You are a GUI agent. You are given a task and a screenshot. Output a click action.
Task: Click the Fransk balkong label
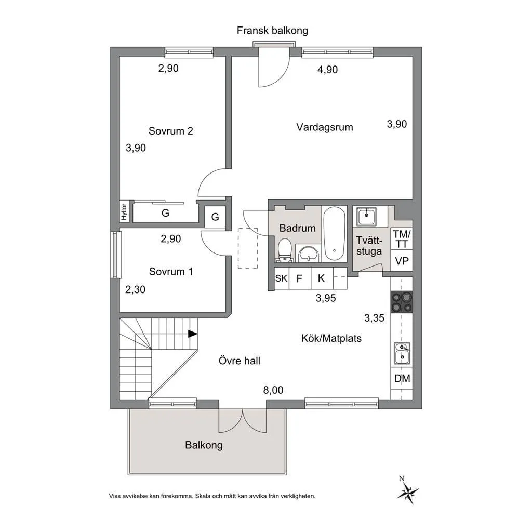point(272,30)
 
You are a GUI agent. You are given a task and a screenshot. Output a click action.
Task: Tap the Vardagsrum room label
point(325,127)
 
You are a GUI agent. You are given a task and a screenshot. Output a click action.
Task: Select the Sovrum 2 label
point(171,131)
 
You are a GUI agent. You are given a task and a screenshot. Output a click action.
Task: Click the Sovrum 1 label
point(170,271)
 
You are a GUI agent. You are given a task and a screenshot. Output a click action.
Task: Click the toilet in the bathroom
point(284,250)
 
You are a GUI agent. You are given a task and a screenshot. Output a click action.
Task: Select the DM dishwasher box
point(402,379)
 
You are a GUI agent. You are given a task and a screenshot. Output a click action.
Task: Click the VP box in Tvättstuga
point(402,261)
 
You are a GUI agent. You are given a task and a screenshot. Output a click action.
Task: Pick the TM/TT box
point(402,239)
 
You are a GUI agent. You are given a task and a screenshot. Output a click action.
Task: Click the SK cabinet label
point(281,278)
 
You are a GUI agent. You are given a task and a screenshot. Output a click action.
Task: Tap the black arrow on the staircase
point(193,334)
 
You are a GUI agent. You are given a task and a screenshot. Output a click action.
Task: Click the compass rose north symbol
point(408,491)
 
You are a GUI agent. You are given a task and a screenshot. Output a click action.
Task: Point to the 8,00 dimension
point(273,390)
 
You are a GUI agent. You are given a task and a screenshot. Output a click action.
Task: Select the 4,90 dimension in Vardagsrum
point(327,70)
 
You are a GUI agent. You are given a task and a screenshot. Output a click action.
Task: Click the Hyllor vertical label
point(124,212)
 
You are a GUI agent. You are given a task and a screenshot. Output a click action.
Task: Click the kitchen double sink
point(402,353)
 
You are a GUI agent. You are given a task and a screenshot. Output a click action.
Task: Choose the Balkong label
point(204,445)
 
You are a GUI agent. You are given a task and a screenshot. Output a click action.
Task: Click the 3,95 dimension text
point(326,298)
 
